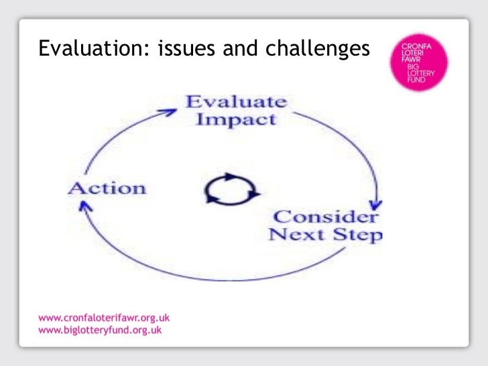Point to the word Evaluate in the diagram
pos(236,103)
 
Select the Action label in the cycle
pos(107,188)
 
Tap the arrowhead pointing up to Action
pos(84,210)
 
